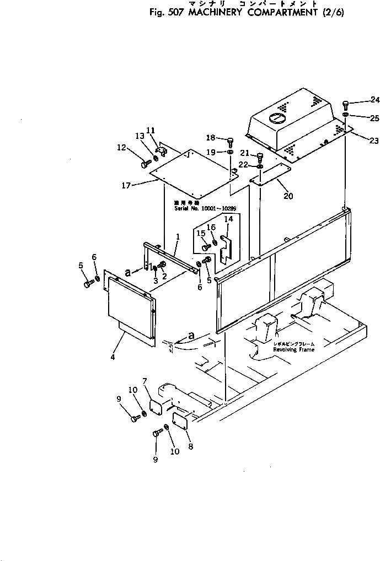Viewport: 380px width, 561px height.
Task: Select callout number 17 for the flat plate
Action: pos(126,186)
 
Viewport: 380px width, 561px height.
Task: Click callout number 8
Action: pos(190,446)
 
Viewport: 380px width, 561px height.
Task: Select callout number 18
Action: pos(210,137)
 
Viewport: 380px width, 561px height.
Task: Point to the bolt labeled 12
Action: pos(145,164)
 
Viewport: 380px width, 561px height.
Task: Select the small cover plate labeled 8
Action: pos(181,420)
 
